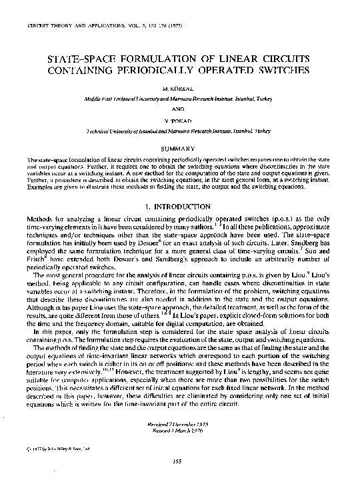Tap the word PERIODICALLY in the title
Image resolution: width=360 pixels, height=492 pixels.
[x=163, y=69]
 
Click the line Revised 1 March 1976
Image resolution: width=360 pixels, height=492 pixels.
[x=178, y=431]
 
